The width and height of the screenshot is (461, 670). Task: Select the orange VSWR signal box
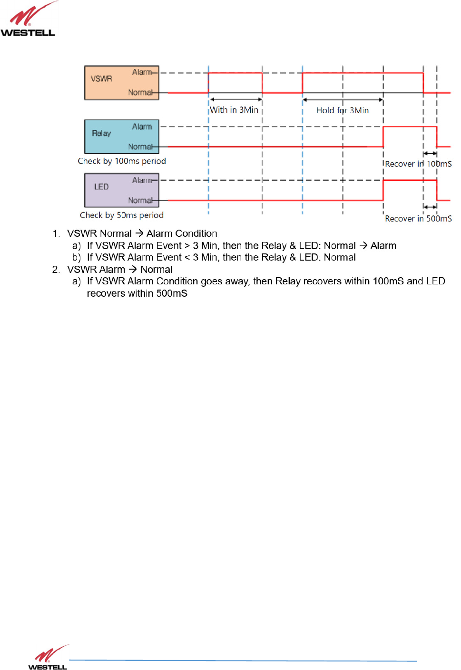point(121,83)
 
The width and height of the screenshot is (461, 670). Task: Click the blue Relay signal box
point(121,136)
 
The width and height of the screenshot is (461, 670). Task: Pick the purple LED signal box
point(121,190)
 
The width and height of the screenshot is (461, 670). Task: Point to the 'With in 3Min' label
point(234,110)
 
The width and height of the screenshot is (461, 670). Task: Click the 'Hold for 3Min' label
point(343,110)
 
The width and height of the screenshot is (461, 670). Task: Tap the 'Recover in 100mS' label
point(418,164)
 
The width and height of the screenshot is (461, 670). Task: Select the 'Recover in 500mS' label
point(418,219)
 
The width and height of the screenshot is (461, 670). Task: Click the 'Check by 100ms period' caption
point(122,161)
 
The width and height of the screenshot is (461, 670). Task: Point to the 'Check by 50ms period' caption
point(122,215)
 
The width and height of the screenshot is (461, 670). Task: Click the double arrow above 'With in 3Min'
point(236,99)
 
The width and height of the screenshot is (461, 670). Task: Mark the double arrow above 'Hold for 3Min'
point(343,100)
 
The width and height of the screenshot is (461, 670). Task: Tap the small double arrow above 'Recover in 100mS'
point(430,154)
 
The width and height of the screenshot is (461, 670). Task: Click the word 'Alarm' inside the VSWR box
point(142,72)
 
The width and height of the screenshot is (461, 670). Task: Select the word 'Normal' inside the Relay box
point(140,147)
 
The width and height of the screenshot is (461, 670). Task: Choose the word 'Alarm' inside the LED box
point(142,180)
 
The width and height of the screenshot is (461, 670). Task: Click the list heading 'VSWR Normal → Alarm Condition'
point(142,233)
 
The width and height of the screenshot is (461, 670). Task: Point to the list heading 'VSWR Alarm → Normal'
point(119,270)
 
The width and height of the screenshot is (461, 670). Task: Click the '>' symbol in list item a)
point(187,246)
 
